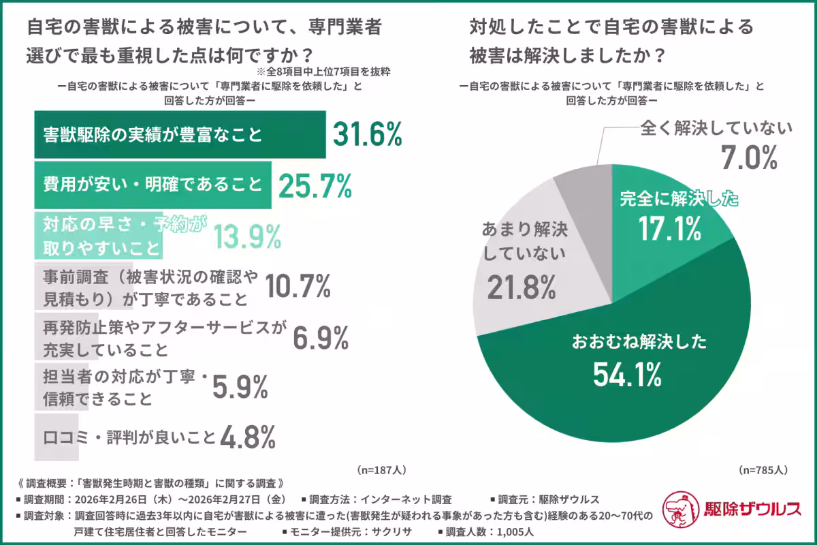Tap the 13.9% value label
pos(248,236)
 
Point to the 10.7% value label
pos(296,286)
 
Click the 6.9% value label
pos(321,337)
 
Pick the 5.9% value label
pos(240,387)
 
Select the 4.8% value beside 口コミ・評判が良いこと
pos(247,436)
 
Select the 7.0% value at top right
pos(749,159)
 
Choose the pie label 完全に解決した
pos(679,200)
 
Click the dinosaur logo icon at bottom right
pos(680,508)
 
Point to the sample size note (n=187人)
pos(381,470)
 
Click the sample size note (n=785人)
pos(763,470)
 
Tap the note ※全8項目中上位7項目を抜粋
pos(323,70)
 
